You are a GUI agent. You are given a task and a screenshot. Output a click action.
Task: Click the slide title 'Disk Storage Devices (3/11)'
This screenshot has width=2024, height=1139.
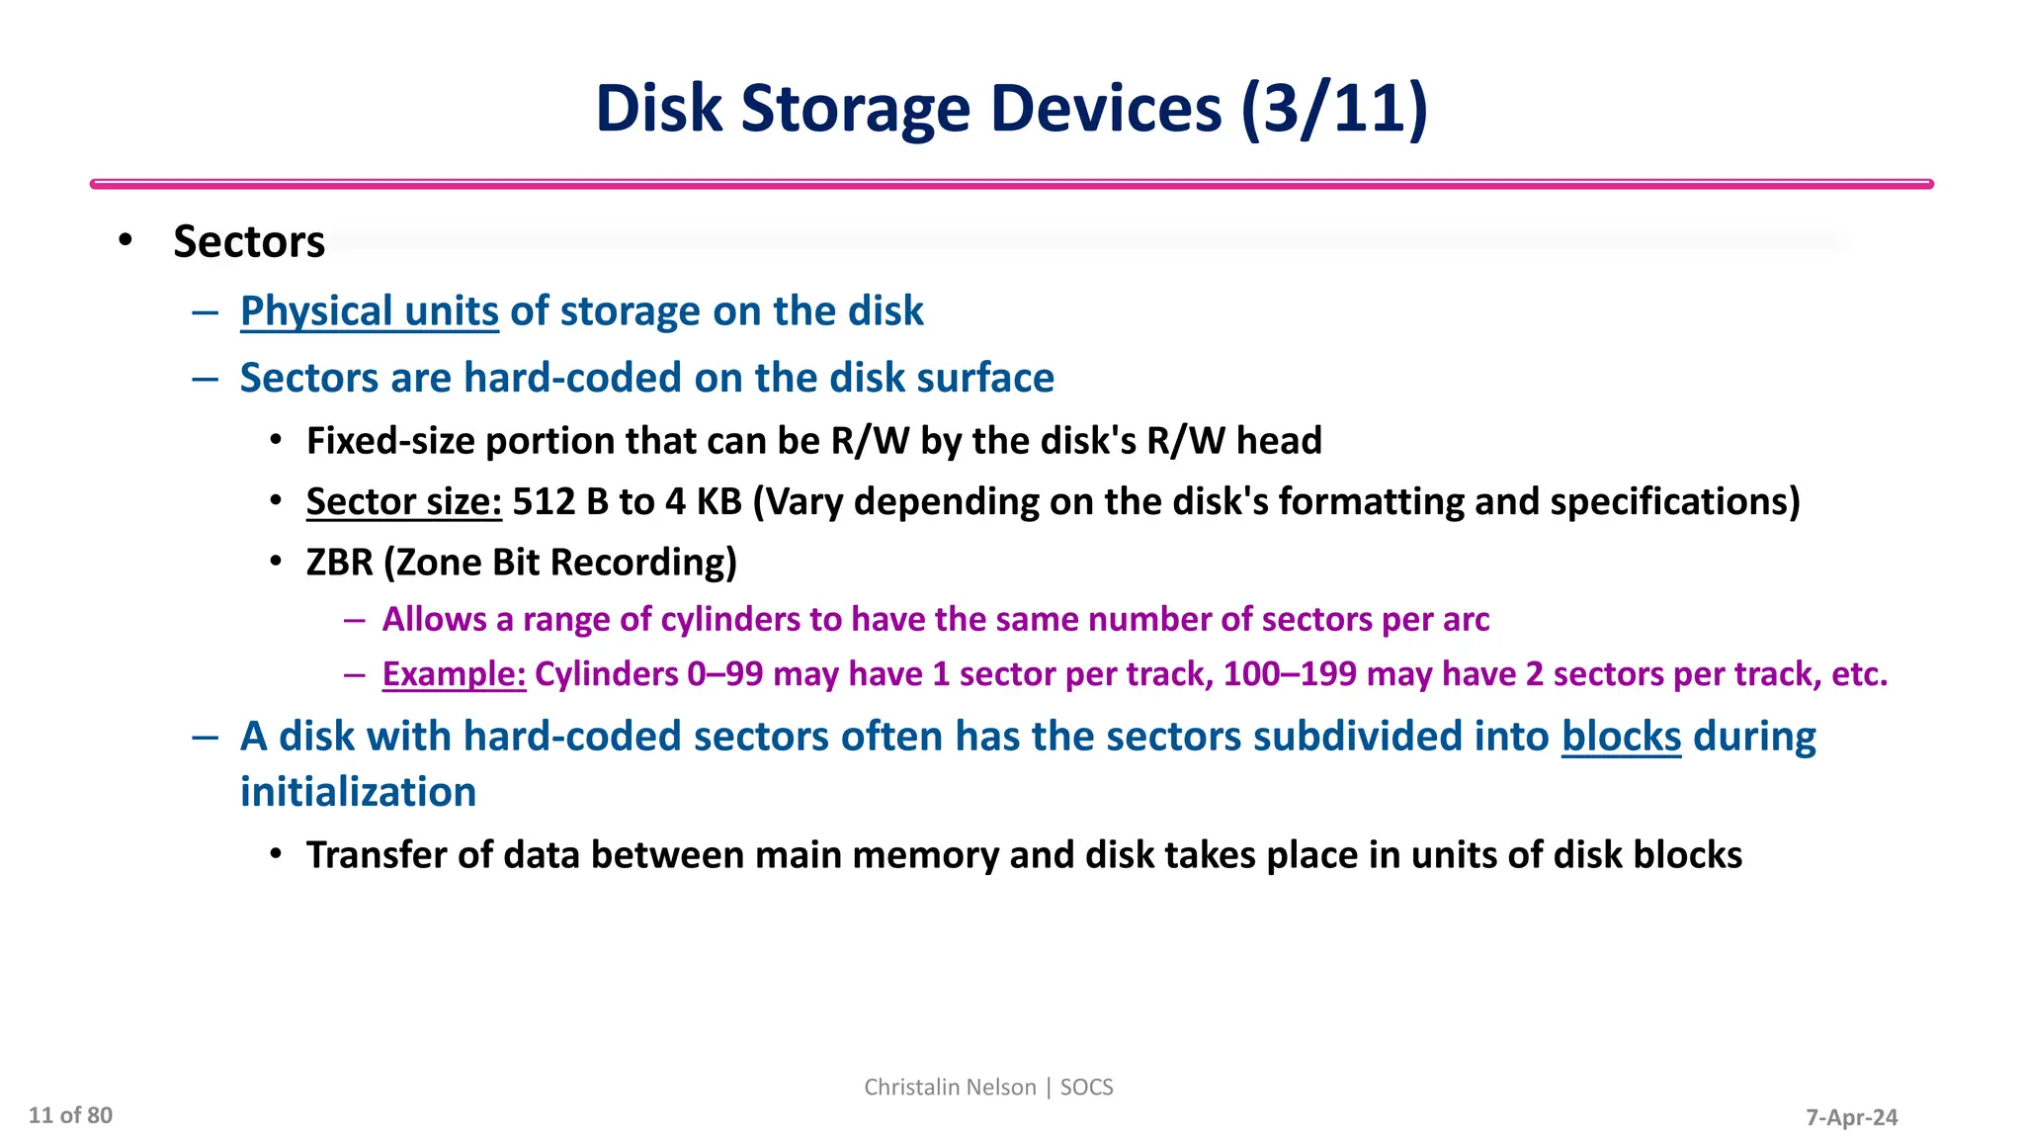click(x=1011, y=108)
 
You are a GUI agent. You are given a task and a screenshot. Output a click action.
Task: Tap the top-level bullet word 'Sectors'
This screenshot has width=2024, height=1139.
click(x=249, y=242)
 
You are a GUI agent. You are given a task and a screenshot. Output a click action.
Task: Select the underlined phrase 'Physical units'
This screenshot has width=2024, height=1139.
click(x=369, y=311)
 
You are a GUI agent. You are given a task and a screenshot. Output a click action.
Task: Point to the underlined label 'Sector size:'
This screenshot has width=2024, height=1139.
click(x=404, y=501)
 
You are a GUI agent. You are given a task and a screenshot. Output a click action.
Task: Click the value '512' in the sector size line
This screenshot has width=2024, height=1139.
click(x=544, y=501)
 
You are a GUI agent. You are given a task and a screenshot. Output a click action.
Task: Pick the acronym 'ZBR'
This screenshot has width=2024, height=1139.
click(x=339, y=563)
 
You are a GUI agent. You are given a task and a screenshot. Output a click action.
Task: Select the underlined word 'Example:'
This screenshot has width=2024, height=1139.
click(x=454, y=674)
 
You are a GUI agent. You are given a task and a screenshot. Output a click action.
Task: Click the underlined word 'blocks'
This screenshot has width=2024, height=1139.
click(x=1621, y=737)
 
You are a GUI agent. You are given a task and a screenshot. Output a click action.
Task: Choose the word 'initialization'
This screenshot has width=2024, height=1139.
click(x=358, y=793)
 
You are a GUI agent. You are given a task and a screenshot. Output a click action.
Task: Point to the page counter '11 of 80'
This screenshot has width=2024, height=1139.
click(x=70, y=1115)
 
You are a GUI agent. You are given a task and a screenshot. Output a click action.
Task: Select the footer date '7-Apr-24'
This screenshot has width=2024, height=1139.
click(x=1851, y=1117)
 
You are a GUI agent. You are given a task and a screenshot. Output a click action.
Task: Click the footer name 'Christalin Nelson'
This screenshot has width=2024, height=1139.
click(x=950, y=1087)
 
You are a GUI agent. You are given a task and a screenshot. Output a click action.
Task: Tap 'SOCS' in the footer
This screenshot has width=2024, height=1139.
click(x=1086, y=1087)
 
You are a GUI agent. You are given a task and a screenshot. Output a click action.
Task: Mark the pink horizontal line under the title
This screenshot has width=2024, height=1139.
click(x=1011, y=184)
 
